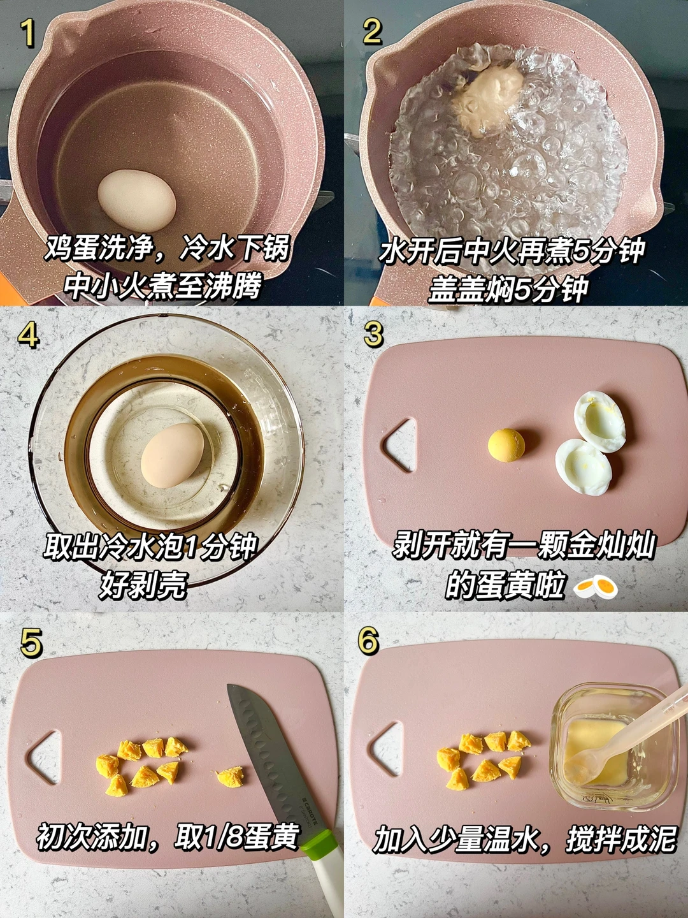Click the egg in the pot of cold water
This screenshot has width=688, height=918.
pyautogui.click(x=137, y=200)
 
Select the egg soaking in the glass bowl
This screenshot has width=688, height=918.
pyautogui.click(x=173, y=455)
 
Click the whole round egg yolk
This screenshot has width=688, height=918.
pyautogui.click(x=506, y=446)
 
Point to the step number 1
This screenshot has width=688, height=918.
pyautogui.click(x=29, y=33)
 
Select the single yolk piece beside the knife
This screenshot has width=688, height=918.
pyautogui.click(x=230, y=776)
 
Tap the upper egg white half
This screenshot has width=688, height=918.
pyautogui.click(x=600, y=421)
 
